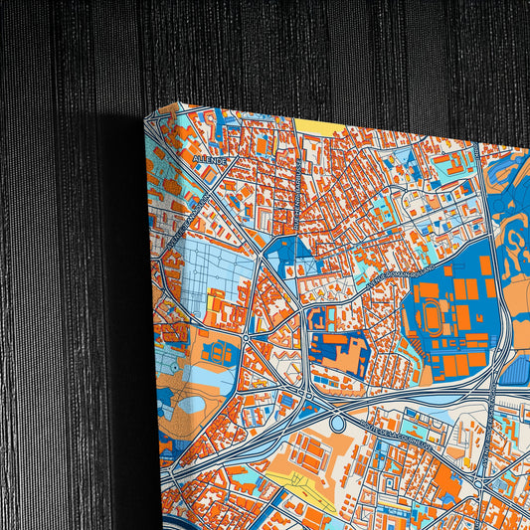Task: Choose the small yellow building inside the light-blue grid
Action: pos(215,299)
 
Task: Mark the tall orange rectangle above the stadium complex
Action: pos(486,265)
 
